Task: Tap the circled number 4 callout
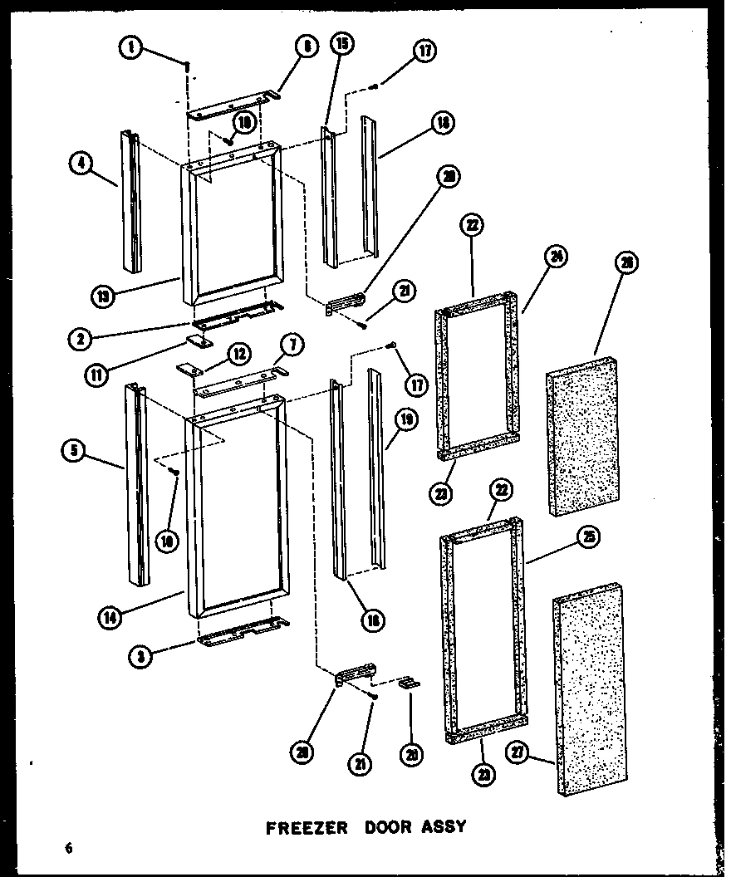tap(80, 164)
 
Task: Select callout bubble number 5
tap(72, 452)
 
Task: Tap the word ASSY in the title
tap(439, 827)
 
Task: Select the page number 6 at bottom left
tap(66, 849)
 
